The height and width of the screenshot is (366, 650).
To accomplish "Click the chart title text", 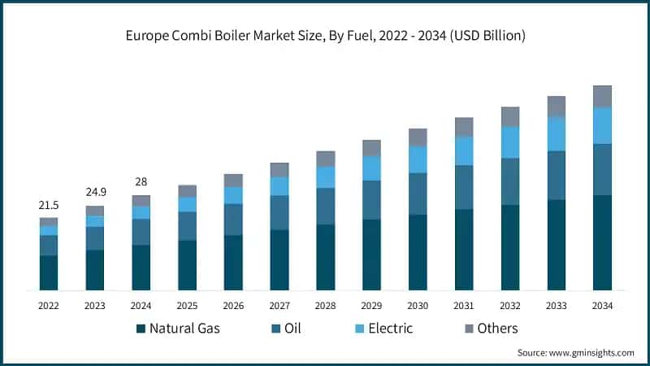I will tap(325, 35).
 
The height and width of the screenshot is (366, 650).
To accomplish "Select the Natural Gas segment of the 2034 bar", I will tap(602, 242).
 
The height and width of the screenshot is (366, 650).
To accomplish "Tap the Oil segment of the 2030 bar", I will tap(418, 194).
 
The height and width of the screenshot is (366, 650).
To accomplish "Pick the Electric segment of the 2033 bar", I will tap(556, 133).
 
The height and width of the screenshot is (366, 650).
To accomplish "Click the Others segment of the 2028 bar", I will tap(325, 159).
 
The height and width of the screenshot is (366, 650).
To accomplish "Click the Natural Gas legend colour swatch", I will tap(141, 329).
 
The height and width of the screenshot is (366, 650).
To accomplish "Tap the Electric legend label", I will tap(390, 329).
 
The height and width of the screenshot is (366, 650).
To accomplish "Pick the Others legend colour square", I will tap(470, 329).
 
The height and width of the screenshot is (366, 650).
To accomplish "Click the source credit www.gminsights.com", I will tap(575, 352).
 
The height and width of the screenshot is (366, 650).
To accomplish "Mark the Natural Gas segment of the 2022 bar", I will tap(49, 272).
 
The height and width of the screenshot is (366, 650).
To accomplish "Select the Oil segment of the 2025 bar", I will tap(187, 226).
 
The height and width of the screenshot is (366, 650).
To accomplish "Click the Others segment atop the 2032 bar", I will tap(509, 116).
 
